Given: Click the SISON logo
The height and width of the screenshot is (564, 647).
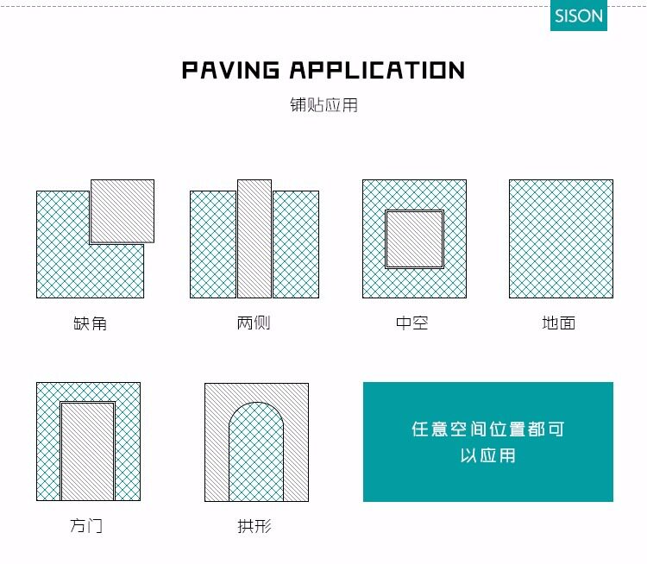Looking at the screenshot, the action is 579,16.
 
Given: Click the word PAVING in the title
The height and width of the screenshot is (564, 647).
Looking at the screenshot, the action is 230,70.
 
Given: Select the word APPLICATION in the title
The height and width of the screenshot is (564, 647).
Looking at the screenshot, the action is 377,70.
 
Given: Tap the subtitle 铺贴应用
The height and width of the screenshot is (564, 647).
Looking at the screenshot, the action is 323,105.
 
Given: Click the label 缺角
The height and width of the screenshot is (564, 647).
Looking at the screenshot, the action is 91,324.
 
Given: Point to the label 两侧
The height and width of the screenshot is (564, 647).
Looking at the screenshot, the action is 254,323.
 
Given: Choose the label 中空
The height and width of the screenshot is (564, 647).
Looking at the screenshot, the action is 413,323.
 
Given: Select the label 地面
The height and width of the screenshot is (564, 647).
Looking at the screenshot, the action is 559,323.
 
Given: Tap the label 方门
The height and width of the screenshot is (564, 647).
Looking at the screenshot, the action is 86,525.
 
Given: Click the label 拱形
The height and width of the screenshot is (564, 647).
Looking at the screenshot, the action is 255,525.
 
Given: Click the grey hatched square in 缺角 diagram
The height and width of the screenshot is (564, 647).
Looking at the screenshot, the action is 122,210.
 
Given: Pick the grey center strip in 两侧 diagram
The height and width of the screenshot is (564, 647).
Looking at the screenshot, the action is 254,239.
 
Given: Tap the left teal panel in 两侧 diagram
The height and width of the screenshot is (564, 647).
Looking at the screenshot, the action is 213,244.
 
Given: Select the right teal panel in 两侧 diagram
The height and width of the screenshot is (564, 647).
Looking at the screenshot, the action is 296,244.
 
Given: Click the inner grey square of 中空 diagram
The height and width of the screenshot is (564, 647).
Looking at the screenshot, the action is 414,239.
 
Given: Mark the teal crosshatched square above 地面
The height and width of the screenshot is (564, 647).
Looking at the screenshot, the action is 561,239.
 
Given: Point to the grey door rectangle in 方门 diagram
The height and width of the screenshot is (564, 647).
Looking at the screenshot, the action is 87,451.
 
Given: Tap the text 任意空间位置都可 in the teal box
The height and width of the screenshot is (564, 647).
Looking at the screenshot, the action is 487,429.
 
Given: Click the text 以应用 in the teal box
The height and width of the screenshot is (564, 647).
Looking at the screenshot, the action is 487,454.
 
